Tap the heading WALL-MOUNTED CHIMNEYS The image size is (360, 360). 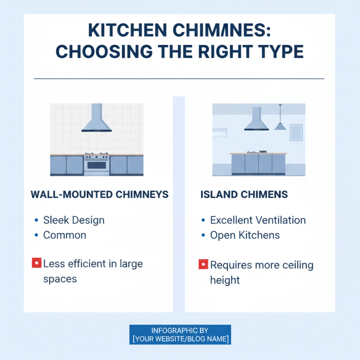pyautogui.click(x=99, y=194)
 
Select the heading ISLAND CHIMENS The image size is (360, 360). pyautogui.click(x=244, y=194)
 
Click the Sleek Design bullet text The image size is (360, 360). pyautogui.click(x=74, y=220)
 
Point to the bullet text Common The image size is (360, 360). pyautogui.click(x=64, y=235)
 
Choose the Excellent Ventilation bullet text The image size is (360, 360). pyautogui.click(x=258, y=220)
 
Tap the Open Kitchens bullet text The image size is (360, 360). pyautogui.click(x=245, y=235)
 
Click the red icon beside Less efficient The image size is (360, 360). pyautogui.click(x=37, y=263)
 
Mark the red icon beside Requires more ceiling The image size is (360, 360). pyautogui.click(x=203, y=264)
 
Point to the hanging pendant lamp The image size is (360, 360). pyautogui.click(x=280, y=124)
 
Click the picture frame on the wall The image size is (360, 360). pyautogui.click(x=296, y=132)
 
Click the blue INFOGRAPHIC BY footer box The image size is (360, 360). pyautogui.click(x=180, y=334)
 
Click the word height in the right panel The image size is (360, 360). pyautogui.click(x=225, y=280)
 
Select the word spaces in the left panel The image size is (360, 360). pyautogui.click(x=60, y=279)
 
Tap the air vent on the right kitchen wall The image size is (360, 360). pyautogui.click(x=220, y=132)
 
